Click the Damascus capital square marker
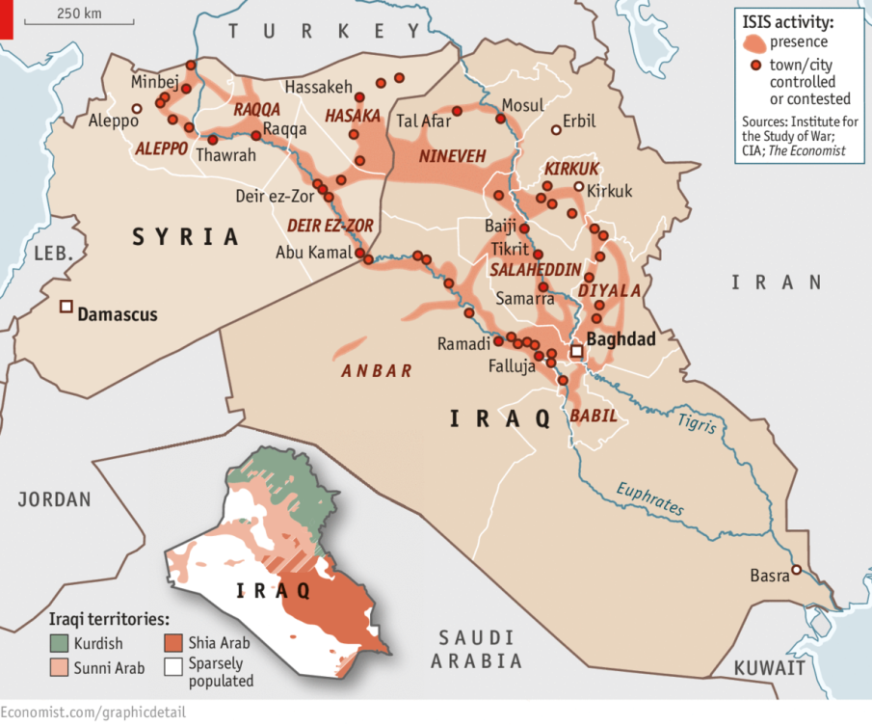[66, 307]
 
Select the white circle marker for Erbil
[555, 130]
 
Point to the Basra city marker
[797, 569]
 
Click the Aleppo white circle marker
[137, 108]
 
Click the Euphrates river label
[650, 497]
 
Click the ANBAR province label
[377, 370]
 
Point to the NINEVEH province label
[451, 156]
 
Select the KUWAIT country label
[768, 667]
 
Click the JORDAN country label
[54, 499]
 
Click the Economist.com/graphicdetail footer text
[93, 712]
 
